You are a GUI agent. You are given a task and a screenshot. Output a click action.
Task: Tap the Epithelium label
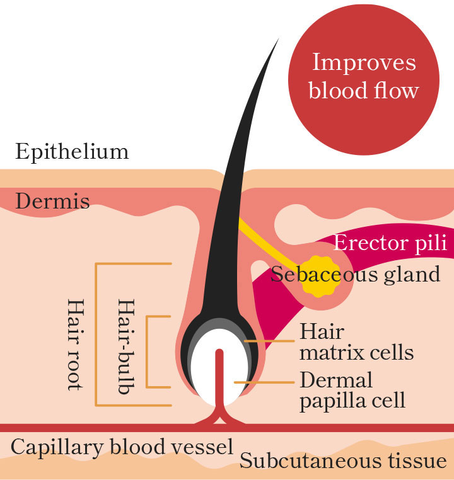pyautogui.click(x=72, y=152)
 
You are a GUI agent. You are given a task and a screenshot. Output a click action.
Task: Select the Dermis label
pyautogui.click(x=52, y=202)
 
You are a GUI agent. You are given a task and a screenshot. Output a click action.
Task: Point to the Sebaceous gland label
pyautogui.click(x=355, y=275)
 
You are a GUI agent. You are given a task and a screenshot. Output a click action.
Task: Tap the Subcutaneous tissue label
pyautogui.click(x=343, y=461)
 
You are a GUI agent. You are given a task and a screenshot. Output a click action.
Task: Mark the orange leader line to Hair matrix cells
pyautogui.click(x=269, y=341)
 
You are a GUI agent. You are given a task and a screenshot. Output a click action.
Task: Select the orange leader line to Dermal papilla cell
pyautogui.click(x=264, y=382)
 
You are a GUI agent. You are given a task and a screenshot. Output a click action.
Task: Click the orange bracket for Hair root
pyautogui.click(x=96, y=334)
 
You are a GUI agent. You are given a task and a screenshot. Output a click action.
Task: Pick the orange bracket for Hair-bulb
pyautogui.click(x=147, y=351)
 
